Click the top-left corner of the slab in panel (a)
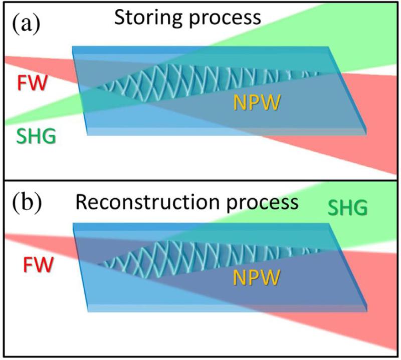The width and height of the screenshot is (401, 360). [x=73, y=47]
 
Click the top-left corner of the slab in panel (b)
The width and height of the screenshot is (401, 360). [x=73, y=224]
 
